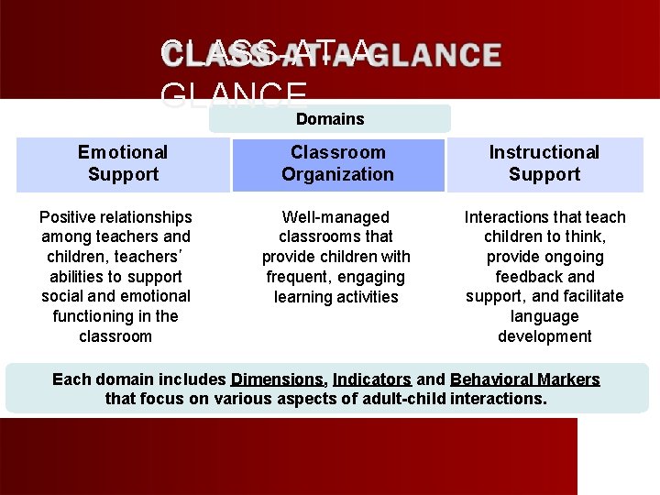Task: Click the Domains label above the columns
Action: [x=330, y=119]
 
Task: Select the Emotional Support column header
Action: [x=123, y=163]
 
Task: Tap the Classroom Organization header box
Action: [x=337, y=163]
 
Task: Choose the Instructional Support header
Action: [x=544, y=163]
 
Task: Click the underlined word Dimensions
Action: [x=278, y=379]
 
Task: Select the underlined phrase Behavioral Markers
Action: [x=525, y=379]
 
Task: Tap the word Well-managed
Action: [x=335, y=217]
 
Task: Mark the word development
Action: [x=544, y=336]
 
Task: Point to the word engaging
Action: [x=373, y=277]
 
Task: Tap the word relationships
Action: [x=148, y=217]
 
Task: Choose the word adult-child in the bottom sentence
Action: [x=404, y=399]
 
